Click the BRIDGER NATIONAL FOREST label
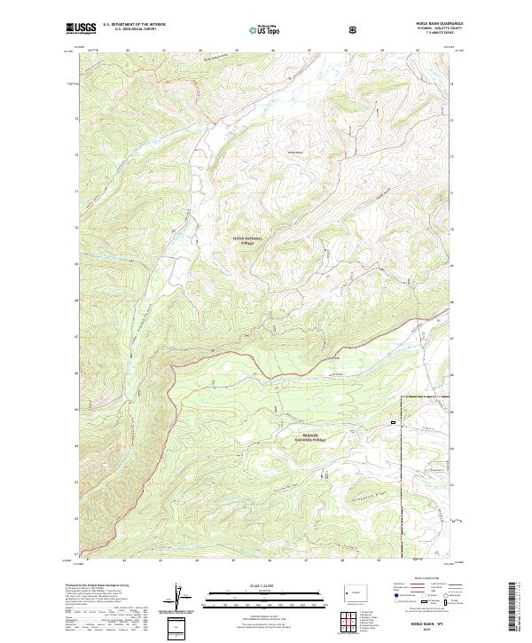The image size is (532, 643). [310, 438]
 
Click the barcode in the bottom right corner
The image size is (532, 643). [516, 608]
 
